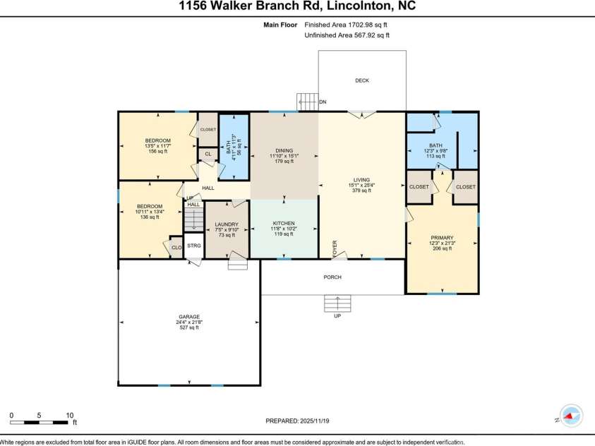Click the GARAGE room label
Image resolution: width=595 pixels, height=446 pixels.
[x=188, y=317]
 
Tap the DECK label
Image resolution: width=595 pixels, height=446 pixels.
[x=361, y=80]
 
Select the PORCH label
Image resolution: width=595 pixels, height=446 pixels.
[x=332, y=277]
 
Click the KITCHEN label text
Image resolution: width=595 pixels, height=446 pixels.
[x=284, y=223]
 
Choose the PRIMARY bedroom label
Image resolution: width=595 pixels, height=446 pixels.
[x=442, y=238]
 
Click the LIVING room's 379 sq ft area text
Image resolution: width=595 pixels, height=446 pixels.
[x=361, y=191]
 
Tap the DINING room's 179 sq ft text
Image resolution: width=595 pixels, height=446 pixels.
[x=284, y=162]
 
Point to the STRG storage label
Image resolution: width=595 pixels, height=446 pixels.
[x=194, y=246]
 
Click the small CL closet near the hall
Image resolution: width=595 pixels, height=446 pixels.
[x=208, y=153]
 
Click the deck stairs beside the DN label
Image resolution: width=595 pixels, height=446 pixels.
[x=306, y=102]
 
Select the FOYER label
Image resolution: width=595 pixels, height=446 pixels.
[x=335, y=248]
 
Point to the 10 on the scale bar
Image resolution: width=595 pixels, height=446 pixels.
[x=69, y=415]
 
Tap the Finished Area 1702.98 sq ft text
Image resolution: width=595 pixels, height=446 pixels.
[x=347, y=25]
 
